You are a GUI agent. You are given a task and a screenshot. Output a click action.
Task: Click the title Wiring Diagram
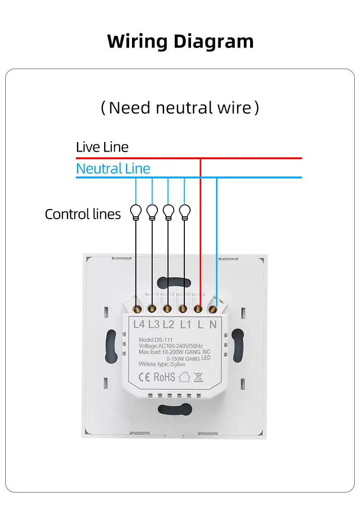[180, 41]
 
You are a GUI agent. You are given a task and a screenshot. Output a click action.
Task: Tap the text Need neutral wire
[180, 107]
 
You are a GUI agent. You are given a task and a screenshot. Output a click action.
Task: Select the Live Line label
[102, 147]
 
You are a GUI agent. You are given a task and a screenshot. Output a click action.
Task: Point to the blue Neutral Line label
[113, 168]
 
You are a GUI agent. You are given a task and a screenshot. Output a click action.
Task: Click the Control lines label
[83, 214]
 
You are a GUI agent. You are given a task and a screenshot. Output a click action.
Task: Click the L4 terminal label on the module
[139, 324]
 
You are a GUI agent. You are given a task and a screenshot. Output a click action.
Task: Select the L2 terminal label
[168, 324]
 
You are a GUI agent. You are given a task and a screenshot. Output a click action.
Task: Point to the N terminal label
[213, 324]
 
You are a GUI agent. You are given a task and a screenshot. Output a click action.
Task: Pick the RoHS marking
[164, 377]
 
